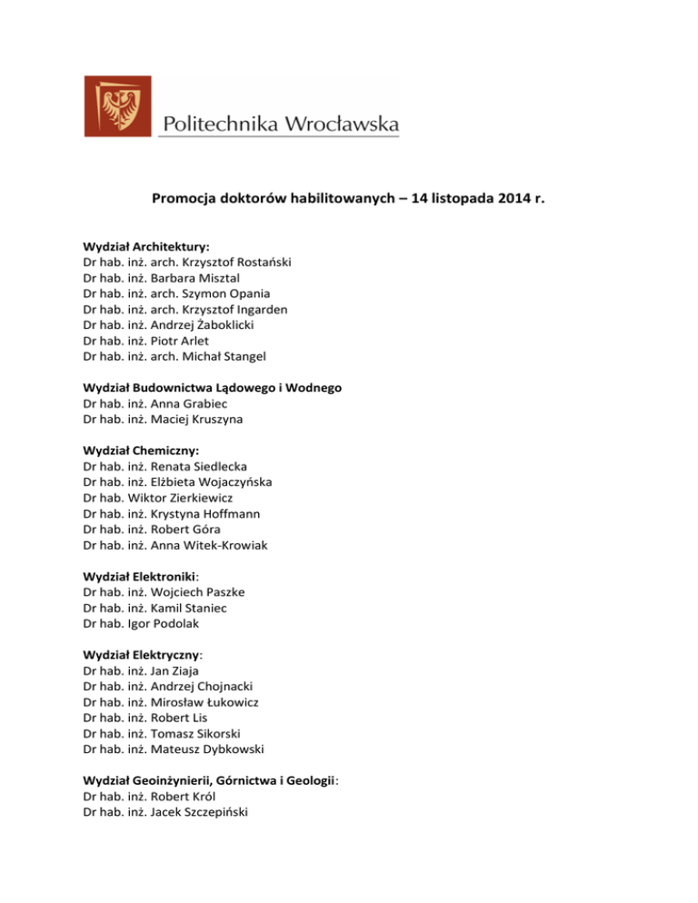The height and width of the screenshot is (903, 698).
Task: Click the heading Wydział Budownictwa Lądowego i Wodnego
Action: (x=213, y=388)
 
